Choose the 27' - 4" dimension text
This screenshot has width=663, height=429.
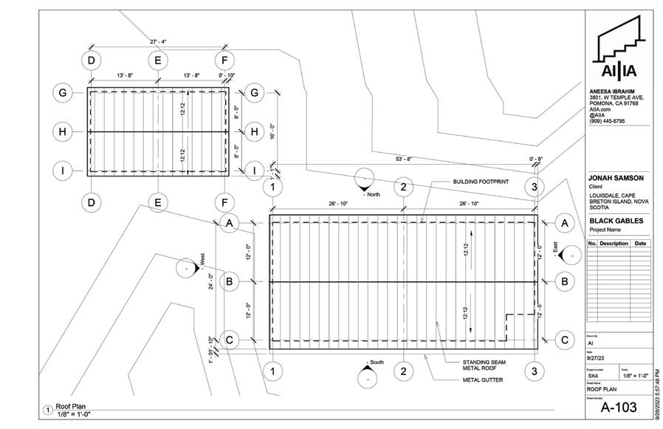159,42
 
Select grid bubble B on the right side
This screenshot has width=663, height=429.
565,281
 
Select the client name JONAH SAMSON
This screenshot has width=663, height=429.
616,178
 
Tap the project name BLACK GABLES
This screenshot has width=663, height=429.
616,220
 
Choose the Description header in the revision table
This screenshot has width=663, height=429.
614,244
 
